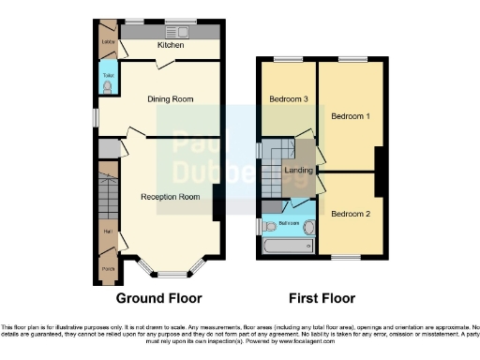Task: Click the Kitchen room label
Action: coord(169,45)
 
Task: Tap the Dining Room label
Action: coord(170,98)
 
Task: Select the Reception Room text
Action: coord(171,197)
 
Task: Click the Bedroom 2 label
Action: coord(350,214)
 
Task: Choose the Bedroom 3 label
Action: coord(288,99)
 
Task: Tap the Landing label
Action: coord(299,171)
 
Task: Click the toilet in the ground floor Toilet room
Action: coord(107,87)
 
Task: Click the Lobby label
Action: coord(107,41)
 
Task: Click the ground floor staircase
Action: coord(106,197)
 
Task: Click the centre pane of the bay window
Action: coord(171,277)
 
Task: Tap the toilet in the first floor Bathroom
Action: coord(268,225)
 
